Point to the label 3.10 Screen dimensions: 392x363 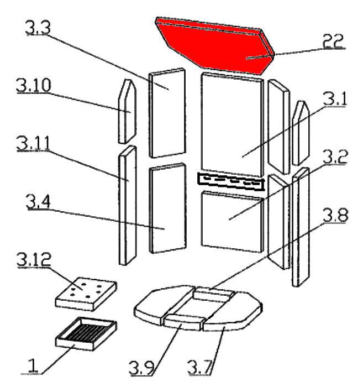click(34, 86)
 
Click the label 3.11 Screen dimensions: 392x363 click(34, 145)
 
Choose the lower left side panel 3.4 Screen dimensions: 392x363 click(167, 207)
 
